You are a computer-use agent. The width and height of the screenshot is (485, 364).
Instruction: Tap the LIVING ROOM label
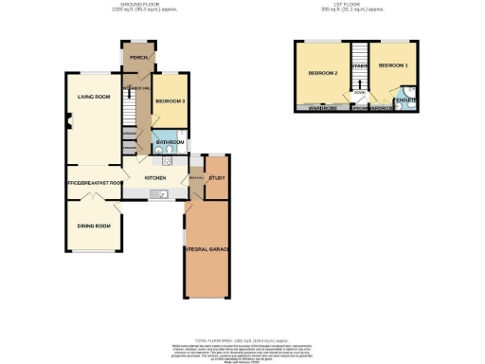click(x=93, y=97)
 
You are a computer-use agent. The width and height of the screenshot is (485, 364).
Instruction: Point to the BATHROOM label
click(x=171, y=142)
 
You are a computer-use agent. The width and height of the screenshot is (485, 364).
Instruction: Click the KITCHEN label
click(x=155, y=177)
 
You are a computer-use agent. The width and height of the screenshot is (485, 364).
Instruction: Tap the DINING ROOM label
click(x=95, y=226)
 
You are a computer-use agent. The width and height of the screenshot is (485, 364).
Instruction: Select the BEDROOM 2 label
click(x=322, y=73)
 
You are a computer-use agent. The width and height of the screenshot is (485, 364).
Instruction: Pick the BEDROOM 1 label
click(x=392, y=66)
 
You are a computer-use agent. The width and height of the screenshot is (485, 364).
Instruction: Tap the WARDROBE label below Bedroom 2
click(x=324, y=107)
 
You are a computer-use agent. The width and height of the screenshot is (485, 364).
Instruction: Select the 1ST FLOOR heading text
click(x=342, y=5)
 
